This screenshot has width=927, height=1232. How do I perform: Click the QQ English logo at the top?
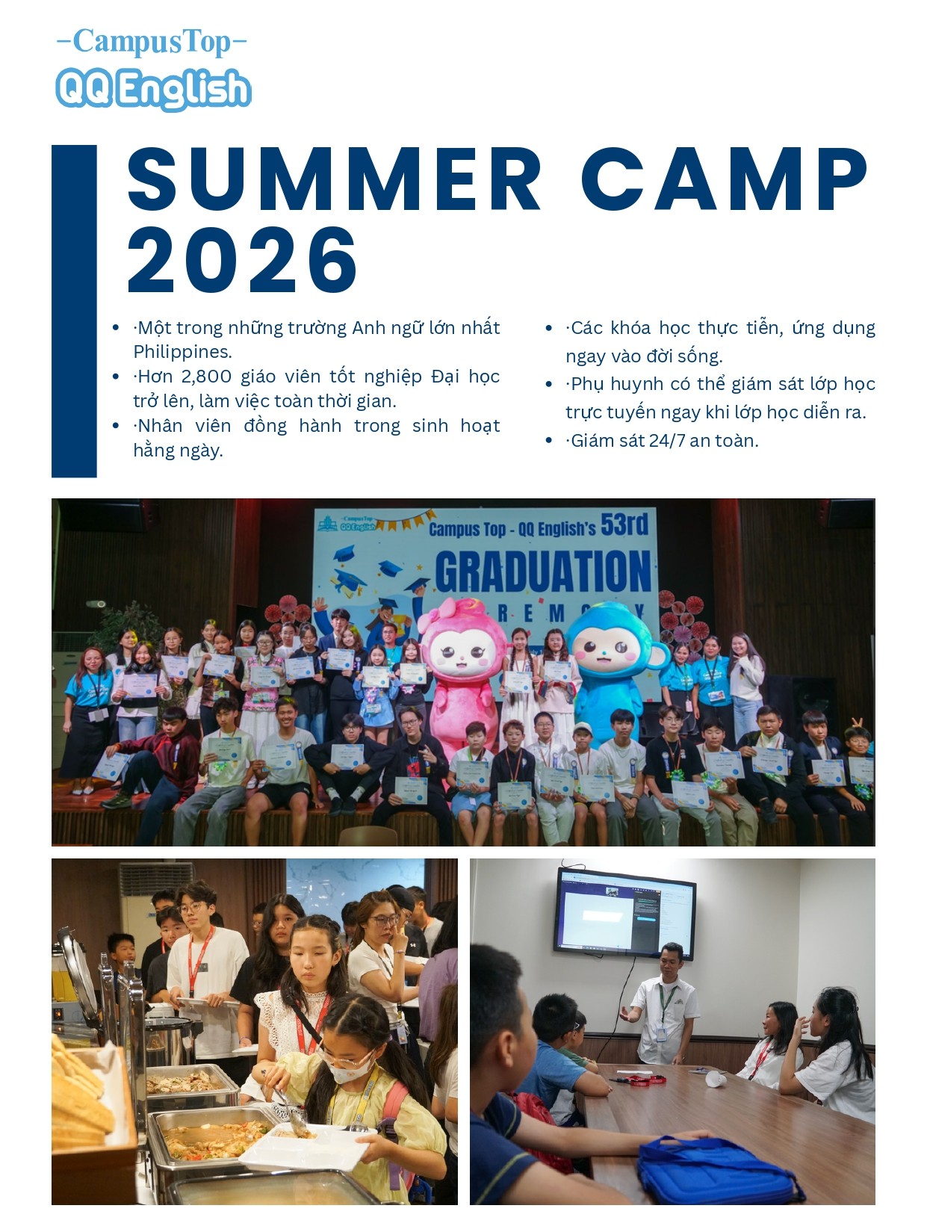point(153,89)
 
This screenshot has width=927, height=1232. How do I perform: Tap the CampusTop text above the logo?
point(152,42)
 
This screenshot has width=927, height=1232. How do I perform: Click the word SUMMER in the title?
point(335,179)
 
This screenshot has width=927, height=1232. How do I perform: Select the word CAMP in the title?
point(725,179)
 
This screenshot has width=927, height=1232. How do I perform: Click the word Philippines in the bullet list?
point(182,352)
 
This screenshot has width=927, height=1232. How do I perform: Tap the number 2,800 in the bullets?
point(206,377)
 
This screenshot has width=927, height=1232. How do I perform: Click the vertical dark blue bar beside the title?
point(74,312)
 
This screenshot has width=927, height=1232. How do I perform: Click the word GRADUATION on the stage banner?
point(543,571)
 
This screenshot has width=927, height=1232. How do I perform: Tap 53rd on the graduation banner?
point(624,524)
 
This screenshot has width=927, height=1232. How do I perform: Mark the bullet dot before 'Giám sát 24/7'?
point(549,441)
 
